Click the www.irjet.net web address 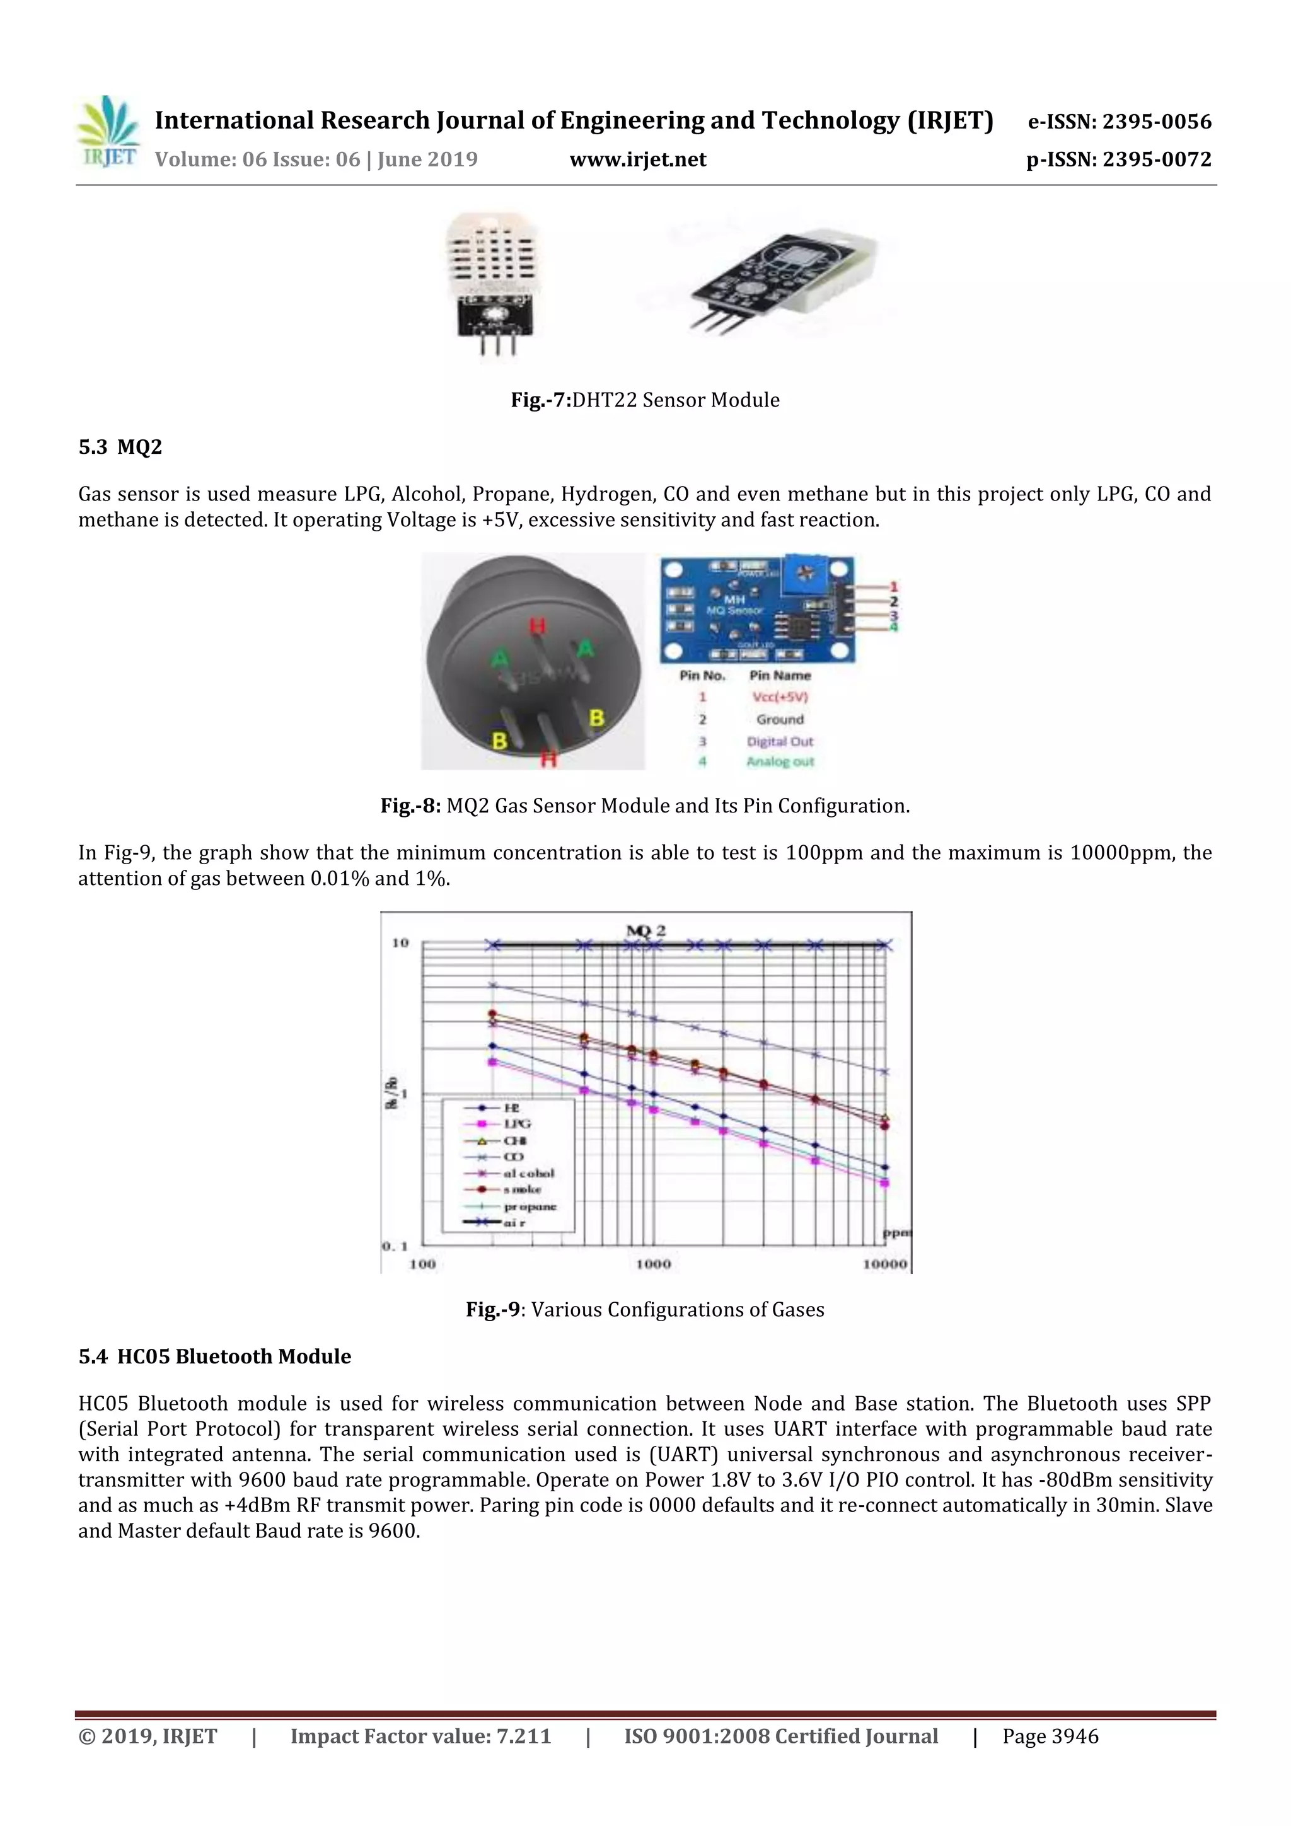638,160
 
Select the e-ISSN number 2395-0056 1119,122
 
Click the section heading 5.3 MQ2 120,447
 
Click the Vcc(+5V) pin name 780,696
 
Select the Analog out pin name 780,761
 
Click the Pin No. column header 702,675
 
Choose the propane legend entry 529,1206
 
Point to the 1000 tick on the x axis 653,1264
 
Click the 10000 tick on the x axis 884,1264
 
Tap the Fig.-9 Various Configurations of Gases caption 645,1309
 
